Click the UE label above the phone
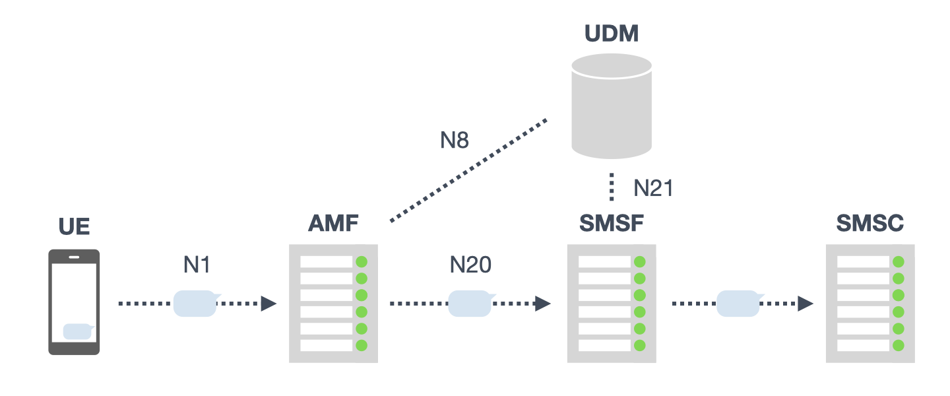click(74, 226)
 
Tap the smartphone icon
click(74, 302)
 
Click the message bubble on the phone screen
click(78, 331)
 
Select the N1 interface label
click(196, 265)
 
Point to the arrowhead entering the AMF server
click(269, 304)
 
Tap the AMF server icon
click(333, 303)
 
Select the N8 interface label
click(455, 140)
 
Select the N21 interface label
click(653, 189)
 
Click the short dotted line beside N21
click(612, 187)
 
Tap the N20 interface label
click(470, 265)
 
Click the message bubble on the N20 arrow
click(470, 303)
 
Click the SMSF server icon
click(612, 303)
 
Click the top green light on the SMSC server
click(898, 262)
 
